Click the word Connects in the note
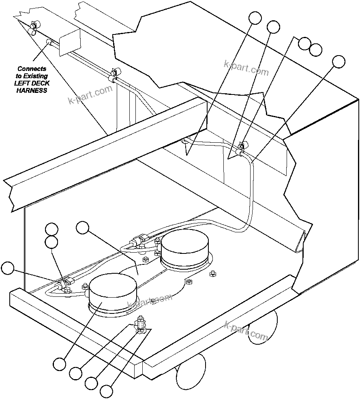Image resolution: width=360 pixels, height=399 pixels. (32, 69)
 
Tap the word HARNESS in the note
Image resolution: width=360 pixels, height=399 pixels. (32, 90)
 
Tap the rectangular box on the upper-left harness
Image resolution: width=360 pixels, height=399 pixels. (70, 42)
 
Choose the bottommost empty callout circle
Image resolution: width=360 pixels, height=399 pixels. (106, 391)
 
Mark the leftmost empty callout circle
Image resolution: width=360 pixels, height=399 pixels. (8, 268)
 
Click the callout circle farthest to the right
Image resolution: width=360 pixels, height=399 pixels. (339, 61)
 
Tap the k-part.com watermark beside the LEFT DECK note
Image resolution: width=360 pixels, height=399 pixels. (90, 94)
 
